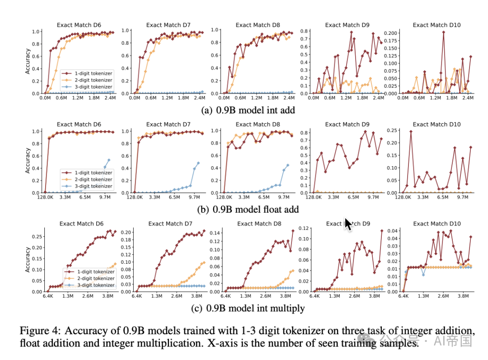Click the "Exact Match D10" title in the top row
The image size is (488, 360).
[x=436, y=25]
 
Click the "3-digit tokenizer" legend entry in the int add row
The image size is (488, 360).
[x=93, y=86]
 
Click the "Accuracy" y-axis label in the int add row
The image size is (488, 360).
[x=28, y=61]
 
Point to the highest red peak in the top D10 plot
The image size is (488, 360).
[x=444, y=32]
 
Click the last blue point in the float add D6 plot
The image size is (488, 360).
[x=108, y=159]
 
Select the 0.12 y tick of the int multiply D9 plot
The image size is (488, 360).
[x=304, y=228]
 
